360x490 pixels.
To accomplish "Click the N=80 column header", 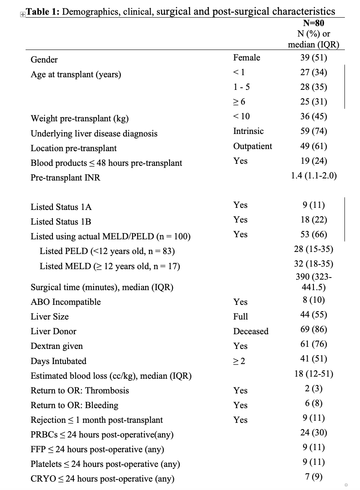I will [313, 24].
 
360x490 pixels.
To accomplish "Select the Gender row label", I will [44, 60].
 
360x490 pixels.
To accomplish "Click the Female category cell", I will [247, 58].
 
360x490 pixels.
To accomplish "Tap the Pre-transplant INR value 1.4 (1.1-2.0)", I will [314, 176].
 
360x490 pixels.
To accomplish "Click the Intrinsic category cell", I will [248, 131].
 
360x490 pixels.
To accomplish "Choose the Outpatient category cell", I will [253, 146].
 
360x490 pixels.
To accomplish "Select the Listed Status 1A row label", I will [61, 207].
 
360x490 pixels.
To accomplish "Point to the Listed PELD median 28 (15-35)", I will [314, 249].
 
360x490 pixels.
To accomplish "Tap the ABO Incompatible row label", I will [65, 302].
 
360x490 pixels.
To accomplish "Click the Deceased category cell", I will [251, 331].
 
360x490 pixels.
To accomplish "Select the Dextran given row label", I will [57, 346].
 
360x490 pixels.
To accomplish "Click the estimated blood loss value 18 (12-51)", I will [314, 374].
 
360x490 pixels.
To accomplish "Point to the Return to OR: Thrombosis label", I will [80, 390].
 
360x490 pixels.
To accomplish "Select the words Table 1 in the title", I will [42, 12].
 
